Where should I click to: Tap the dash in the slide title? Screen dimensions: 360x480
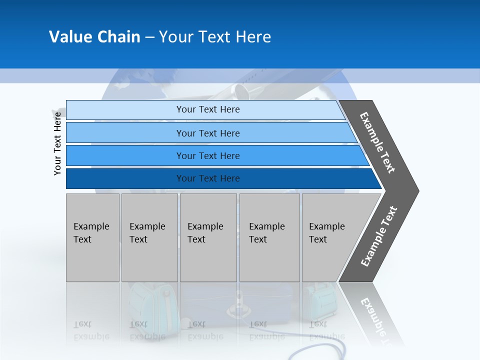149,37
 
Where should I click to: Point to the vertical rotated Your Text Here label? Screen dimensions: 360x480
57,143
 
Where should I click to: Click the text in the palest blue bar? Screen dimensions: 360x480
208,109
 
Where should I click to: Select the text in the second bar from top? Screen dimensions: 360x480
208,133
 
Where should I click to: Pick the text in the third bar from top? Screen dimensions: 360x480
208,155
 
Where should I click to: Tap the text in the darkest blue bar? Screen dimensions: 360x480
208,178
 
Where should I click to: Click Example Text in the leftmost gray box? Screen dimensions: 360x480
91,233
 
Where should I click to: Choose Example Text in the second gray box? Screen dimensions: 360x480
147,233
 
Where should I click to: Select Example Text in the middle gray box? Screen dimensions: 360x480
205,233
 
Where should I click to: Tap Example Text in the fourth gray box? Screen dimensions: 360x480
266,233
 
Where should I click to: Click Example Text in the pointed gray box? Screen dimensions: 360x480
326,233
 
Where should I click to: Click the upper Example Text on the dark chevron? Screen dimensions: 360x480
377,142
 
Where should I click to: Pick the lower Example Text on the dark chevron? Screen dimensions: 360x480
379,236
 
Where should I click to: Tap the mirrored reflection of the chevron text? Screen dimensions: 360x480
377,320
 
